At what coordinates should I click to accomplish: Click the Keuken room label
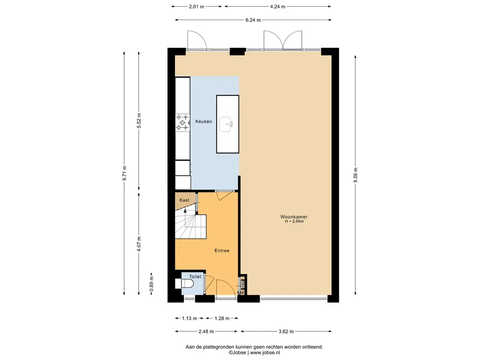click(x=203, y=121)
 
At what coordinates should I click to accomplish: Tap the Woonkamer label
click(x=294, y=217)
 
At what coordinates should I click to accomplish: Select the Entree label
click(x=222, y=250)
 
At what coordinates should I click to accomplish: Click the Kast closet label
click(x=184, y=200)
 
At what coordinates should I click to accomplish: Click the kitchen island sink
click(x=226, y=124)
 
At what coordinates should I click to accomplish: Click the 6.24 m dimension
click(x=253, y=20)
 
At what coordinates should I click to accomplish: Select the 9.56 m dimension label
click(x=355, y=175)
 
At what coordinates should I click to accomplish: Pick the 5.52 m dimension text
click(x=139, y=120)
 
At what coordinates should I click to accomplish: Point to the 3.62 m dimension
click(x=286, y=331)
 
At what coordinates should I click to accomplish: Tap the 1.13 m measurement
click(x=189, y=318)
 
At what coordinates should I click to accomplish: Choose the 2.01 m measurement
click(x=196, y=7)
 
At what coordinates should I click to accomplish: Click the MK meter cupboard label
click(x=241, y=293)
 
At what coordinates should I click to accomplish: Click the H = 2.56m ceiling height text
click(x=294, y=221)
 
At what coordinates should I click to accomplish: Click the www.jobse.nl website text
click(x=265, y=352)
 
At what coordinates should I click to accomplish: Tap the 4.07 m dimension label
click(x=139, y=244)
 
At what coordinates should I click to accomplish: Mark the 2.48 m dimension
click(x=206, y=331)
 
